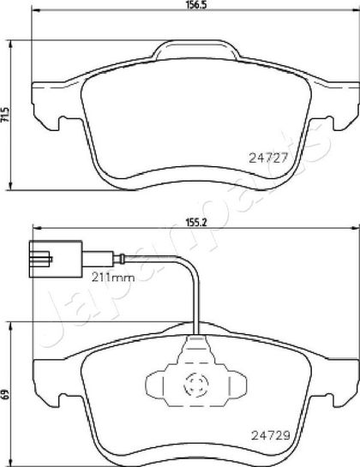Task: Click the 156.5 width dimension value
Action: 196,5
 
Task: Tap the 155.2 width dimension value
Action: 196,222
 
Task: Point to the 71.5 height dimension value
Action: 5,115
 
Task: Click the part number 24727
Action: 268,158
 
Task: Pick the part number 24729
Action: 271,436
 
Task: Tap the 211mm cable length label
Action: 113,278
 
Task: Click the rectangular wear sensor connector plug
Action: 56,259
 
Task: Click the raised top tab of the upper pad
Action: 195,49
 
